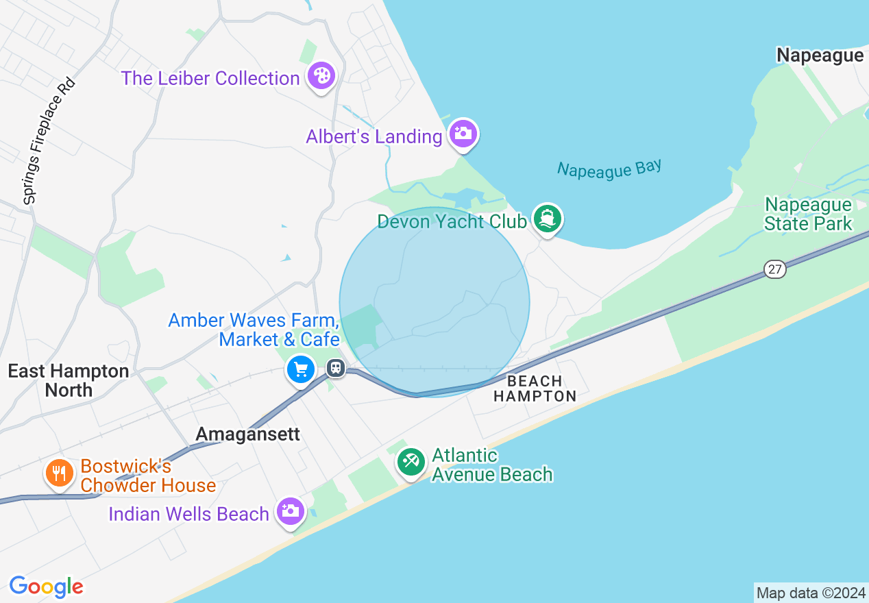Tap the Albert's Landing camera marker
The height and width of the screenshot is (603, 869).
click(x=463, y=133)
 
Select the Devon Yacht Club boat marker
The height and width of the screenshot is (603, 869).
click(x=548, y=219)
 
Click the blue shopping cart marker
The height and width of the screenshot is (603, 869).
click(x=301, y=370)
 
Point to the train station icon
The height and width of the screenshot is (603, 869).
click(x=335, y=368)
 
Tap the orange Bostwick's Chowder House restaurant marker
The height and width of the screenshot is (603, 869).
click(x=60, y=473)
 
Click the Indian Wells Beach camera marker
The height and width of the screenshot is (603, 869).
click(x=291, y=511)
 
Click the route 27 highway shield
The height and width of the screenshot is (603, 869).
click(x=774, y=269)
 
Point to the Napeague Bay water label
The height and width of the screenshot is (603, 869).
click(x=609, y=169)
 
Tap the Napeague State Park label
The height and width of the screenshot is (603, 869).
click(x=808, y=214)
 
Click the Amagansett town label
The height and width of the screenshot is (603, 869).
click(x=248, y=434)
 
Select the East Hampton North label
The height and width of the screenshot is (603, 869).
click(x=69, y=380)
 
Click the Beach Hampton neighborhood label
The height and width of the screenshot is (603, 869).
click(x=535, y=389)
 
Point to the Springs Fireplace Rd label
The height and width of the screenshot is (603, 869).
click(x=49, y=141)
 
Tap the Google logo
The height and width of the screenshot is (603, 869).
click(x=47, y=587)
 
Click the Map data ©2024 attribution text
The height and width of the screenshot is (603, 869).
click(x=811, y=593)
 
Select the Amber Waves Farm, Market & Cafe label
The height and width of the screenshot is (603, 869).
click(x=254, y=330)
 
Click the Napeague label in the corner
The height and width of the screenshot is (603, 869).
click(x=820, y=56)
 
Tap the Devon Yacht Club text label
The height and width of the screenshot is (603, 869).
click(x=452, y=221)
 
